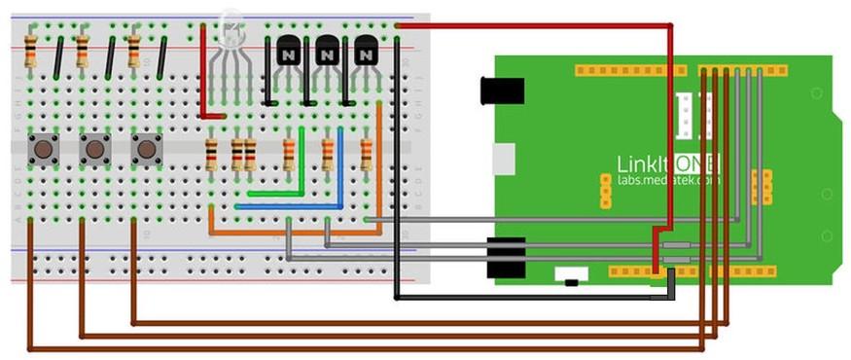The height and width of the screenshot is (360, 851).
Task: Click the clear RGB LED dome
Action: tap(231, 29)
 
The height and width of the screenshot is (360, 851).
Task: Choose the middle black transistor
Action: tap(327, 50)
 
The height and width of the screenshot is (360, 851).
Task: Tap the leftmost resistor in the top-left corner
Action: tap(31, 50)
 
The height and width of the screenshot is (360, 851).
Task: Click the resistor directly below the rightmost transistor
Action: tap(367, 154)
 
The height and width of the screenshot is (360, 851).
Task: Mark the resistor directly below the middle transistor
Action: tap(328, 154)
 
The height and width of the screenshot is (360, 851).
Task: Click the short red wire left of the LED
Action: tap(203, 73)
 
